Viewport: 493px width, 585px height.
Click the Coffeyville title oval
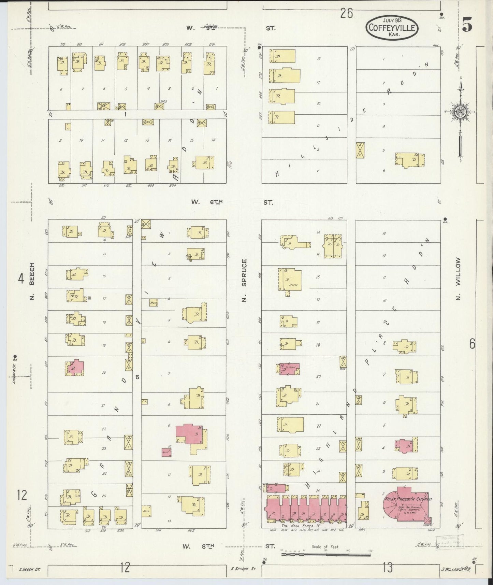click(392, 27)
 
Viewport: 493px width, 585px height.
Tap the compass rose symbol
click(460, 112)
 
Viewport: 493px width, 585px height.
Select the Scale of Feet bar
click(325, 555)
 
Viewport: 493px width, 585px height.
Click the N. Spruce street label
click(244, 281)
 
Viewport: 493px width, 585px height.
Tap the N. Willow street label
click(458, 278)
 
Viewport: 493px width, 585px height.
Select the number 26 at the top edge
click(346, 14)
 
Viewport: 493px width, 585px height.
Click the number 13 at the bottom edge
click(388, 568)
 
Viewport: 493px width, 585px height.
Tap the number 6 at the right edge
click(472, 344)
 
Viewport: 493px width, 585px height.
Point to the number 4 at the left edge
click(21, 280)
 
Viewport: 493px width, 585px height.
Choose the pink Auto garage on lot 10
click(166, 452)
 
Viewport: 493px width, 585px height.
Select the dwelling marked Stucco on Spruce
click(290, 280)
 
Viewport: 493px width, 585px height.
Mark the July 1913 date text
click(392, 20)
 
